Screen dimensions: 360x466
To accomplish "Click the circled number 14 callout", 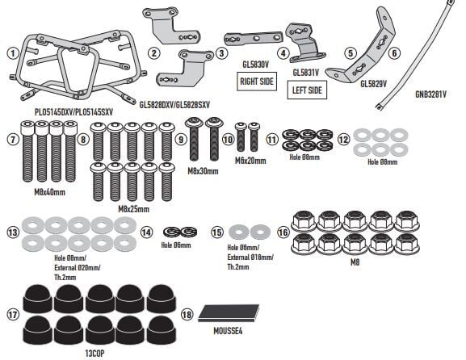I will [146, 232].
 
